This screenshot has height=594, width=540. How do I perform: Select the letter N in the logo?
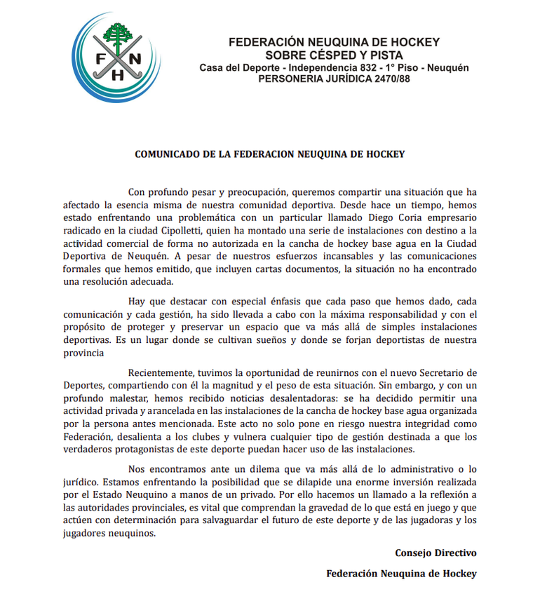pos(135,59)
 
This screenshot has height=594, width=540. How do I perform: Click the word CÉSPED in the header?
pos(318,55)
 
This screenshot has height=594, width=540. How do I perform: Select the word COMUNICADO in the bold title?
pos(167,154)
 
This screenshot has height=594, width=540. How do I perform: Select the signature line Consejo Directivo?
pos(436,553)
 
